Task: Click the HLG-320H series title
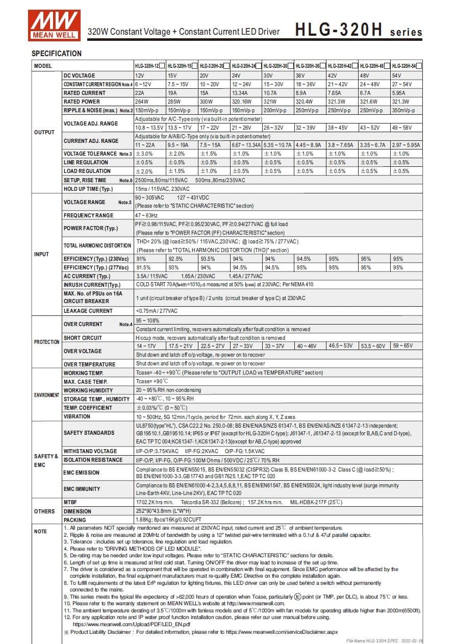tap(359, 31)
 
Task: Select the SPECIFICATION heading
tap(57, 54)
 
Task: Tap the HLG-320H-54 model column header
tap(407, 66)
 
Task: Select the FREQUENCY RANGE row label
tap(88, 215)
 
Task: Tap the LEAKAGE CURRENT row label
tap(88, 311)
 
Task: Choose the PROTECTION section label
tap(46, 342)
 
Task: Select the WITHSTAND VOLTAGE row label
tap(90, 451)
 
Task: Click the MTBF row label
tap(70, 503)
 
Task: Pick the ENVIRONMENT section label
tap(46, 395)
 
